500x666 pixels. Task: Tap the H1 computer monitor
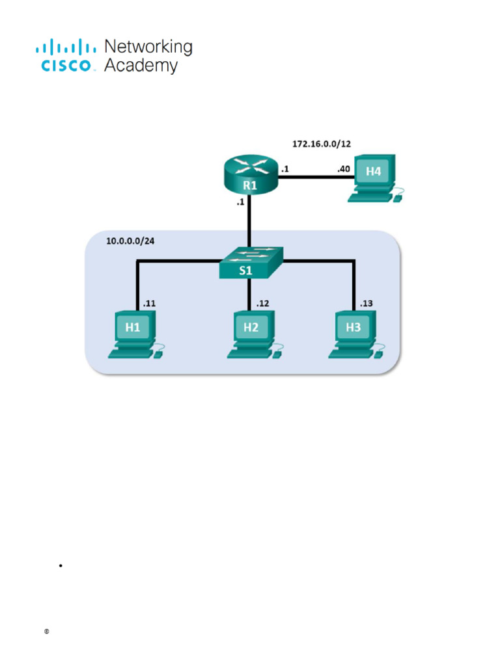[133, 327]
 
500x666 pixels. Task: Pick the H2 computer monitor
[251, 327]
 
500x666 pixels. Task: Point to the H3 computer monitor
[353, 327]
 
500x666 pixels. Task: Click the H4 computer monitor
[373, 172]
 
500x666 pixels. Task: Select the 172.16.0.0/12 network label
[326, 142]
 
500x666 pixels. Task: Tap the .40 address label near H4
[343, 170]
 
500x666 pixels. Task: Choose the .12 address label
[262, 303]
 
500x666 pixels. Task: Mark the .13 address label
[367, 303]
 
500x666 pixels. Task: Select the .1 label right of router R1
[285, 170]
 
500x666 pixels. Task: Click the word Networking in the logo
[148, 47]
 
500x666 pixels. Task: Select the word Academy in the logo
[141, 65]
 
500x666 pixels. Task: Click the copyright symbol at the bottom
[47, 632]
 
